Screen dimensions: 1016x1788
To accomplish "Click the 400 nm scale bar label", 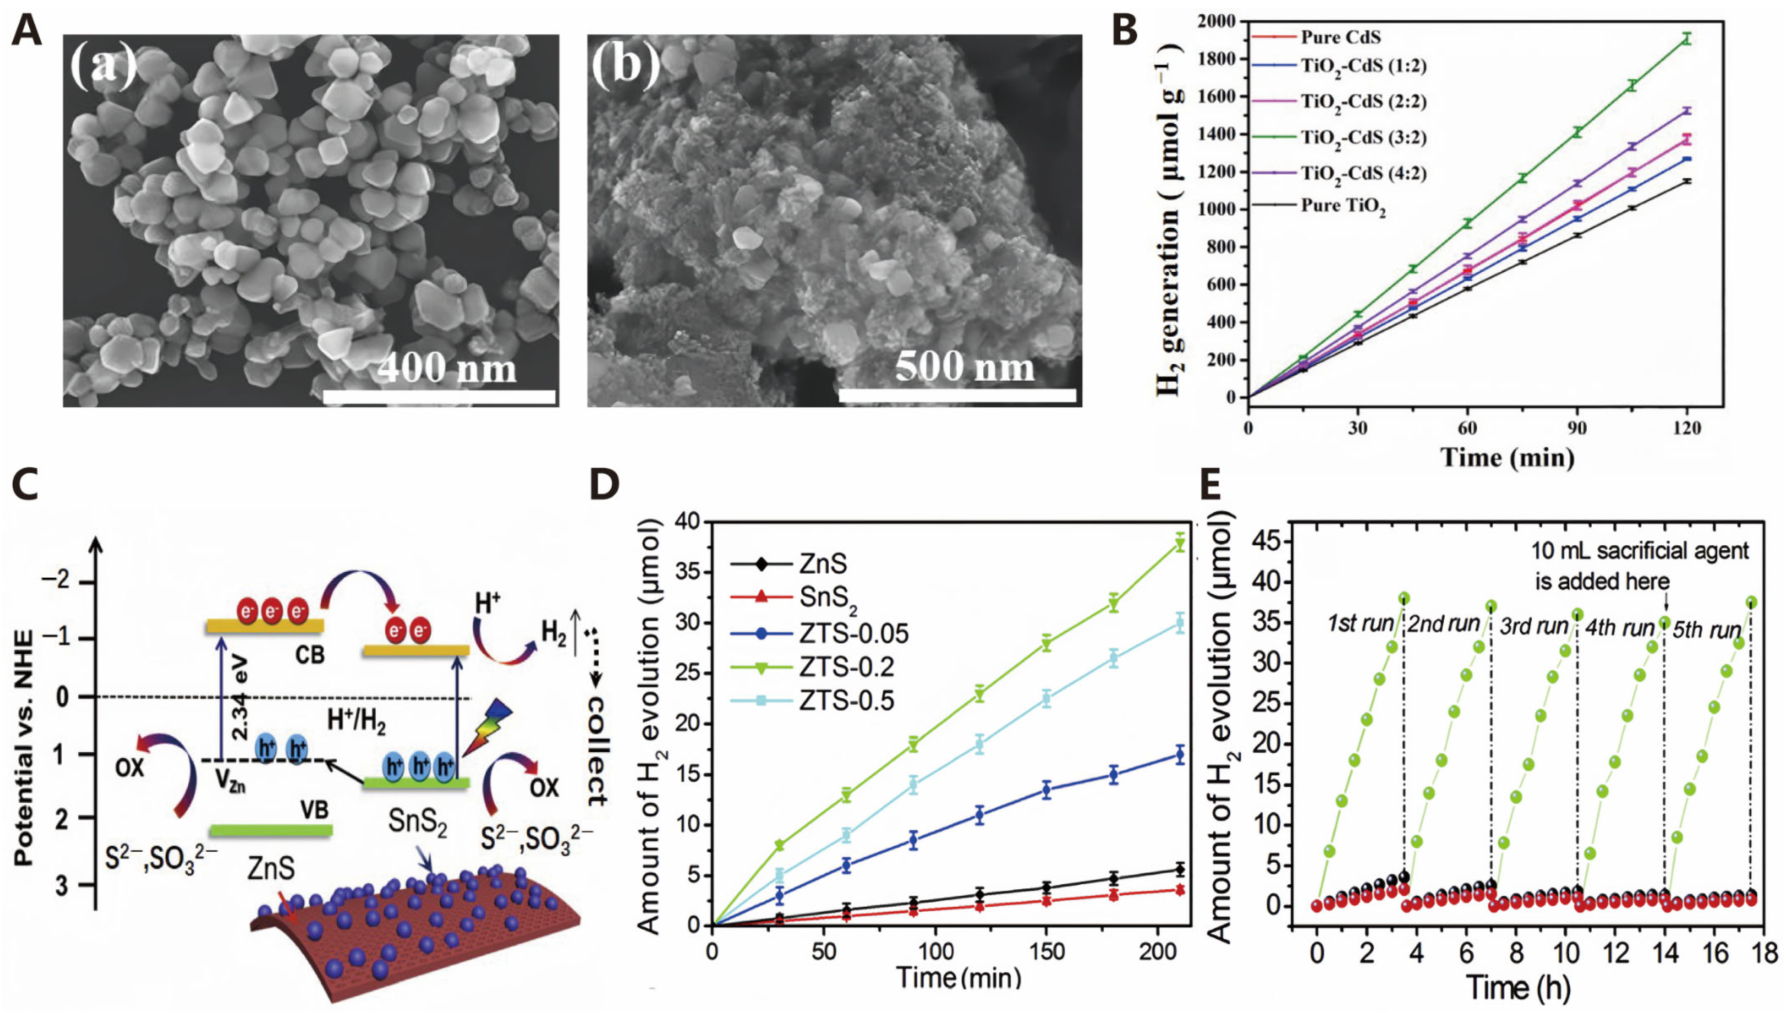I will point(447,368).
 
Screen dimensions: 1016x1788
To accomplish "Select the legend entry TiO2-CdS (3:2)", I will point(1363,138).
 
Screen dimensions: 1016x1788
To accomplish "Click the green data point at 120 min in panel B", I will point(1687,39).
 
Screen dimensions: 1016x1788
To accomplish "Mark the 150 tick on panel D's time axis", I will point(1047,952).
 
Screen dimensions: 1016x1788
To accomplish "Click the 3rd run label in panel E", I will point(1533,627).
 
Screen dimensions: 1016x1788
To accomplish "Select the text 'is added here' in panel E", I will point(1602,581).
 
